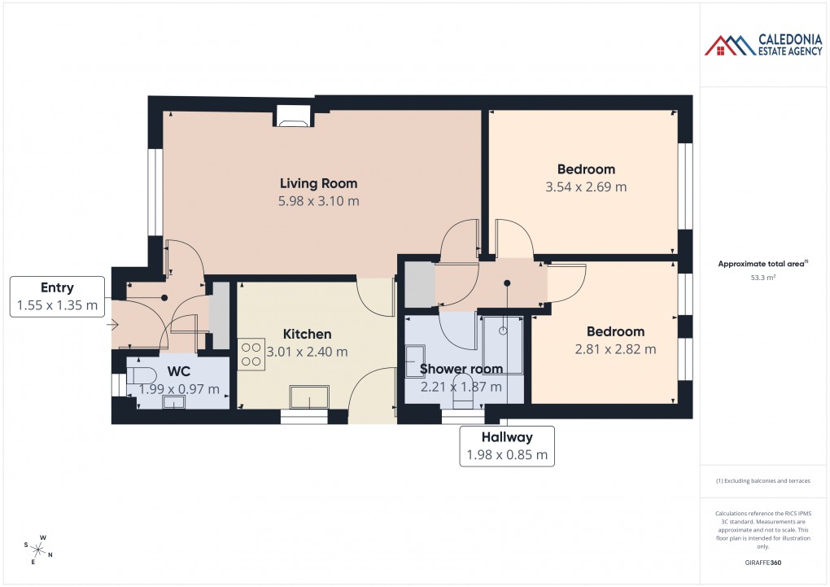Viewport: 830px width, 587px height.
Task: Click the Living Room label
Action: click(x=318, y=183)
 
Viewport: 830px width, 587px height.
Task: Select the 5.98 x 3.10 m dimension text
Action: click(x=318, y=200)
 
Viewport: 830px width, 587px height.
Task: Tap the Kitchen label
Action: click(x=307, y=334)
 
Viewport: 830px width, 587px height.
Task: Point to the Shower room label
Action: click(x=461, y=369)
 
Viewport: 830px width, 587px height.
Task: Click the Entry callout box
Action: click(x=57, y=297)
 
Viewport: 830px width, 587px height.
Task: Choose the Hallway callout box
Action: click(x=507, y=446)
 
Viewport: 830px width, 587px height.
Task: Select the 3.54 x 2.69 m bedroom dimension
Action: click(x=586, y=186)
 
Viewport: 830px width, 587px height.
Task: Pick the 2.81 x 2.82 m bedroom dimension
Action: click(x=615, y=349)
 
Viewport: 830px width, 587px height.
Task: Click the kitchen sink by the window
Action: click(x=309, y=397)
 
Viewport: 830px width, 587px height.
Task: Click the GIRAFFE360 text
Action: click(x=763, y=562)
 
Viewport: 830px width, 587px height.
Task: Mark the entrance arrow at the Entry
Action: click(x=114, y=326)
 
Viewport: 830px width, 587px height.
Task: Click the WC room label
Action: click(x=178, y=371)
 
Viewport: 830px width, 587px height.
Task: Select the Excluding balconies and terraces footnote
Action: click(x=763, y=480)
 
